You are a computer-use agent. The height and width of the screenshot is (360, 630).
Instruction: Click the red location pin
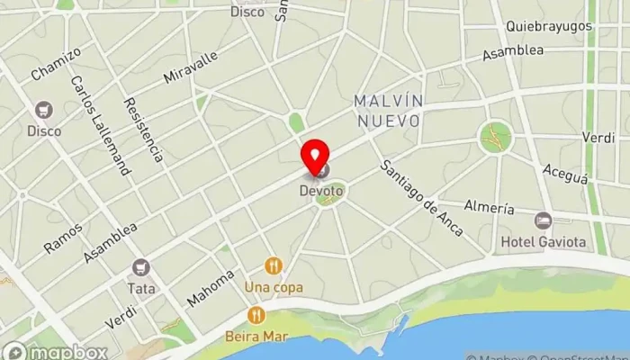click(315, 158)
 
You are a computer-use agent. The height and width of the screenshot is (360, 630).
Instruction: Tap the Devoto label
click(322, 191)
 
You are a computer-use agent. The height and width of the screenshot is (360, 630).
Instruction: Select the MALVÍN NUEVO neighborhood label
click(387, 110)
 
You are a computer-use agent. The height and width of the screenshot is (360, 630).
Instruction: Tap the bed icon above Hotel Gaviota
click(542, 220)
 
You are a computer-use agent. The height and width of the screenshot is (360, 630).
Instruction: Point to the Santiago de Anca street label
click(421, 198)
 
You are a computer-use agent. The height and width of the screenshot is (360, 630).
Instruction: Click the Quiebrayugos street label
click(549, 26)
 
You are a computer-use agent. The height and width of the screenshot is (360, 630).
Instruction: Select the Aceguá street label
click(565, 174)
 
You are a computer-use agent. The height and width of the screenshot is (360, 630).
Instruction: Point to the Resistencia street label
click(144, 130)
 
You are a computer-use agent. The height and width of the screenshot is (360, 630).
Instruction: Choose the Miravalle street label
click(191, 67)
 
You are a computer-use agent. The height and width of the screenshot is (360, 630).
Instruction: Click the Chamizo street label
click(56, 63)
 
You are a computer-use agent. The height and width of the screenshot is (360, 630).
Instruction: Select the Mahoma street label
click(211, 286)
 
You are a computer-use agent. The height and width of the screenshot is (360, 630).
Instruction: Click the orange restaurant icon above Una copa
click(274, 265)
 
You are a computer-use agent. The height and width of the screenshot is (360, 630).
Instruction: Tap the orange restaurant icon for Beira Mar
click(256, 315)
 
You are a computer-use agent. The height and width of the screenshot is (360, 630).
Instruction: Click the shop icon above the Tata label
click(139, 266)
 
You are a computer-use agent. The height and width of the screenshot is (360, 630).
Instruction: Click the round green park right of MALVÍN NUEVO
click(495, 137)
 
